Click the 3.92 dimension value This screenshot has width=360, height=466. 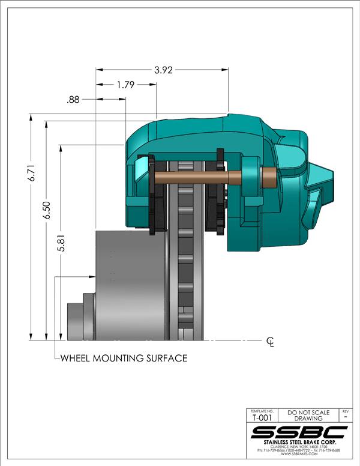pos(163,70)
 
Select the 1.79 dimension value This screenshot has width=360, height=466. pos(125,85)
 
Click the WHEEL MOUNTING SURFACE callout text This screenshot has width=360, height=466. pos(124,359)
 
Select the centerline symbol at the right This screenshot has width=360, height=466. pos(271,342)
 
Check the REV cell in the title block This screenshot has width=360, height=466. pos(345,415)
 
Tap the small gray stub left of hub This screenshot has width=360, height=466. pos(76,318)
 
